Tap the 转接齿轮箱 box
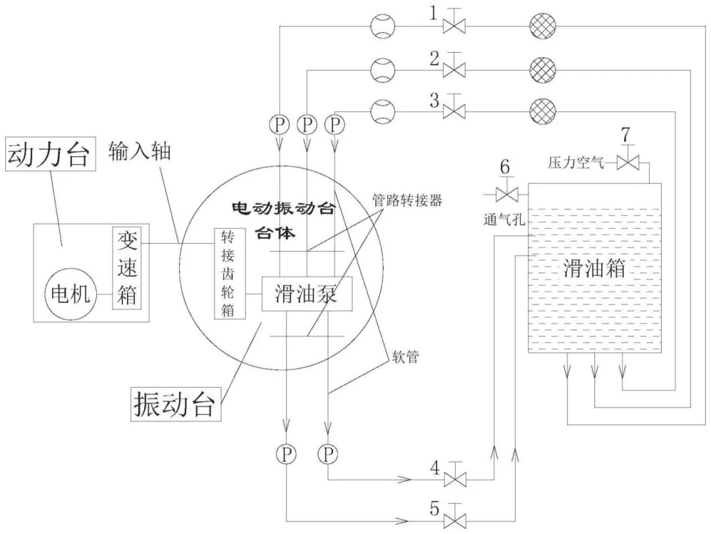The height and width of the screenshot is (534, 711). pyautogui.click(x=228, y=274)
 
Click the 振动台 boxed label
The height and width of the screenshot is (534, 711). pyautogui.click(x=173, y=401)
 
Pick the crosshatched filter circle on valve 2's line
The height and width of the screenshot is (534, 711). pyautogui.click(x=543, y=68)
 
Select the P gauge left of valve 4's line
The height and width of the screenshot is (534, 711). pyautogui.click(x=328, y=453)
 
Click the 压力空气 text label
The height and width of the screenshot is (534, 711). pyautogui.click(x=576, y=163)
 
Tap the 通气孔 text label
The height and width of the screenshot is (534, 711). pyautogui.click(x=503, y=221)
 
